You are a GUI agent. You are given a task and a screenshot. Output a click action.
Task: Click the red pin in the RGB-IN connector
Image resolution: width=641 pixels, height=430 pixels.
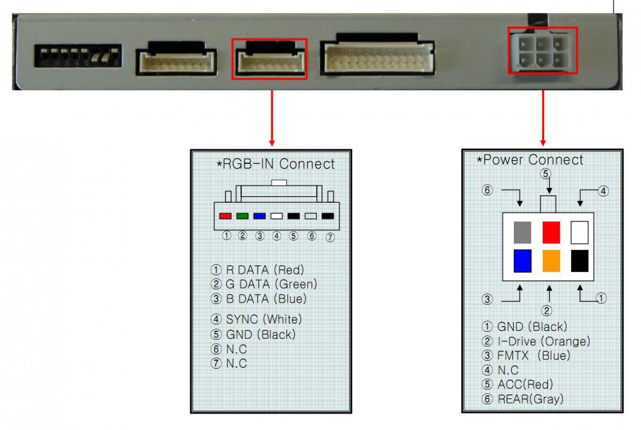tap(225, 216)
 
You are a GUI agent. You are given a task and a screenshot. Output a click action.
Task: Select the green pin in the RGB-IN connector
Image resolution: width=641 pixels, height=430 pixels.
tap(242, 216)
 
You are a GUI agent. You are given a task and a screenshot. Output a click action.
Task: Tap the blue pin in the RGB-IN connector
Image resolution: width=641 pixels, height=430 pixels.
tap(260, 216)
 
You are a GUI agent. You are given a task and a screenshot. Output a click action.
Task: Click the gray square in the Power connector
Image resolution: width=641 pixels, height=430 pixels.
tap(522, 233)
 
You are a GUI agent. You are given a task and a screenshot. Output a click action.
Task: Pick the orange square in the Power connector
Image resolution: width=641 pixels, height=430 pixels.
tap(551, 261)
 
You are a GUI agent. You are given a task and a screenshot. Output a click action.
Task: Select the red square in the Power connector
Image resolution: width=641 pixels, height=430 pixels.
tap(551, 233)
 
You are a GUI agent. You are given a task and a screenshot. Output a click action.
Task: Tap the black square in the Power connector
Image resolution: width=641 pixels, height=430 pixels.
tap(580, 261)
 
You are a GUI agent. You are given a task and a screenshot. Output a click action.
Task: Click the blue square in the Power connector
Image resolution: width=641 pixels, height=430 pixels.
tap(522, 261)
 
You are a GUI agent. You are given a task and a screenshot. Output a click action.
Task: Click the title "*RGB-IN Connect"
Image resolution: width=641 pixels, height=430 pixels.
tap(276, 164)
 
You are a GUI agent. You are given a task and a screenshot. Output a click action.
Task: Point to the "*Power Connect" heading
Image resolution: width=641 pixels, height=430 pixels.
tap(530, 160)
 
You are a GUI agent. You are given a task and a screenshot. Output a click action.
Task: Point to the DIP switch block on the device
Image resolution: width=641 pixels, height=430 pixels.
tap(77, 55)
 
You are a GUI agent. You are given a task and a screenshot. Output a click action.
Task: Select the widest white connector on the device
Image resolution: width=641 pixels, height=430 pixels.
tap(378, 55)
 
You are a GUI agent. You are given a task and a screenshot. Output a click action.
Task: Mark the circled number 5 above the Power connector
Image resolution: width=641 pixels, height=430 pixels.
tap(545, 173)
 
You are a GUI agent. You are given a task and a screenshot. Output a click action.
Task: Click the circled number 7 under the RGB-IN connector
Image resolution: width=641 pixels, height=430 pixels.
tap(330, 237)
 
